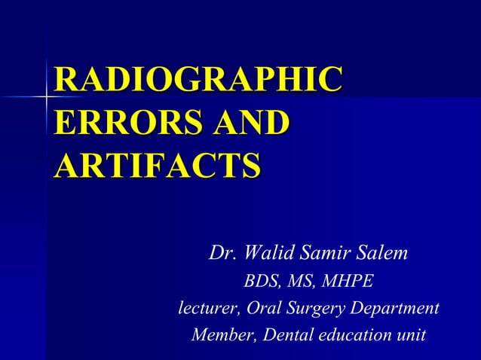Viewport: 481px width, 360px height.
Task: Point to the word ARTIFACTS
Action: (x=157, y=163)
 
